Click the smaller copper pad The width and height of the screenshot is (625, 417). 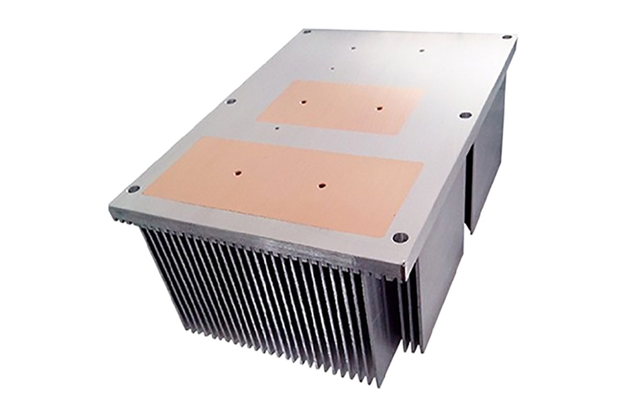click(x=341, y=107)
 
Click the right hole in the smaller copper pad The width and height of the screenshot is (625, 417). click(x=379, y=109)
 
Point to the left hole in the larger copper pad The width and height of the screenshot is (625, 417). click(x=238, y=170)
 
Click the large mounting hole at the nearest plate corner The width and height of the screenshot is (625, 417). click(x=400, y=238)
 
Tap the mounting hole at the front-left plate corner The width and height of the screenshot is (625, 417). click(x=133, y=189)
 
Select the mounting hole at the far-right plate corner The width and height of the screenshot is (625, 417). click(x=507, y=37)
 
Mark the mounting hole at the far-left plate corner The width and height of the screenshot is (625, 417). click(x=307, y=32)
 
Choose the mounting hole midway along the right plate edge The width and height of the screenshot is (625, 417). click(x=465, y=115)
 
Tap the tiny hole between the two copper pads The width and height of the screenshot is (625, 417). click(x=277, y=128)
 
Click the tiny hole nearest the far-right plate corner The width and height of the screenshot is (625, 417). click(x=421, y=51)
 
